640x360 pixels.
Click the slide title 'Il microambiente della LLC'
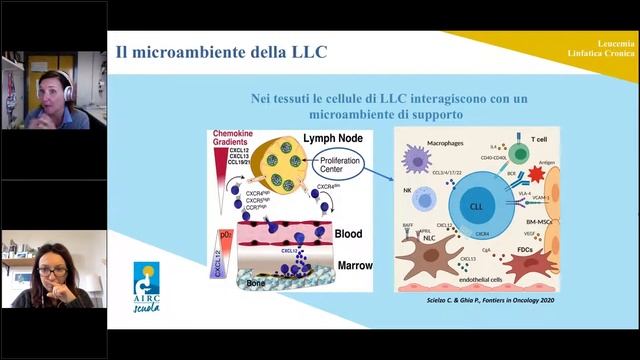coord(221,51)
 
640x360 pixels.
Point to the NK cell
coord(423,200)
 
